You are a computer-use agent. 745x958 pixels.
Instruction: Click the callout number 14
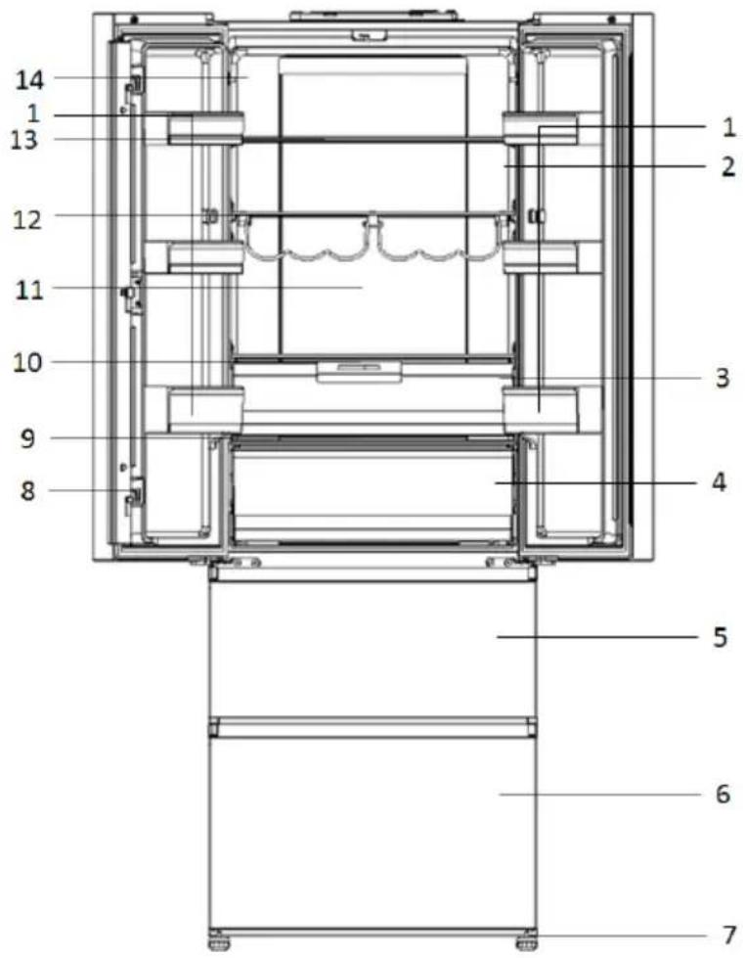point(30,79)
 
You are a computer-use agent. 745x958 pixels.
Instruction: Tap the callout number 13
point(24,141)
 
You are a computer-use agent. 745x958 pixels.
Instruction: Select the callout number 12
point(28,220)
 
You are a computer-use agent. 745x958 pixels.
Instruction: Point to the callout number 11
point(29,290)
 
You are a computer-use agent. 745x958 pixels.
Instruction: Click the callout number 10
point(28,363)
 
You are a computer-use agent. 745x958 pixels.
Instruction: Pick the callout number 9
point(27,438)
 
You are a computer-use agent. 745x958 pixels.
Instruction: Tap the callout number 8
point(28,490)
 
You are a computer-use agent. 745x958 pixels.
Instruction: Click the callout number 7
point(728,935)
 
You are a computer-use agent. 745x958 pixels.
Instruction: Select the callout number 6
point(723,795)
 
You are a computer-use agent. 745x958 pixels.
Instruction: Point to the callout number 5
point(721,637)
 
